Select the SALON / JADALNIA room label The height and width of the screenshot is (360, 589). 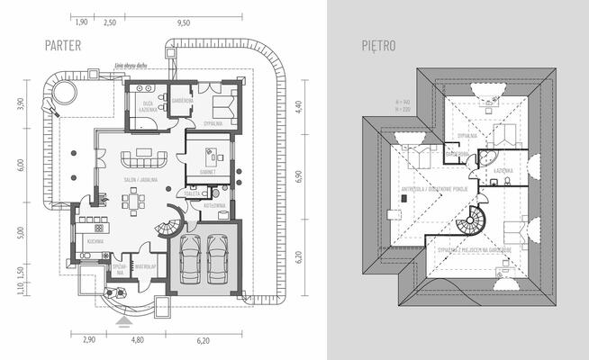click(142, 180)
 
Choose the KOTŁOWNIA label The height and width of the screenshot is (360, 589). click(215, 206)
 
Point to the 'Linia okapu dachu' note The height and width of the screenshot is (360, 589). click(130, 65)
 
